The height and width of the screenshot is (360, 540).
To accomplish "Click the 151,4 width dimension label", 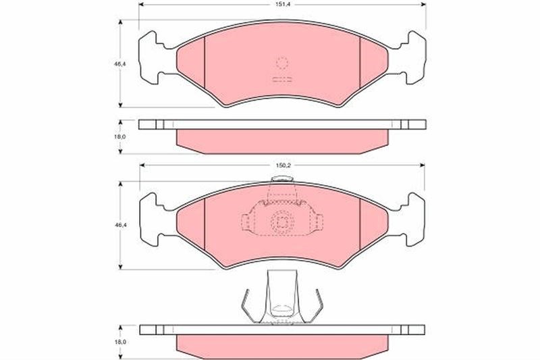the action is [x=281, y=5].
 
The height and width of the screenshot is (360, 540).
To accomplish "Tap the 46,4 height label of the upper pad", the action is [x=120, y=63].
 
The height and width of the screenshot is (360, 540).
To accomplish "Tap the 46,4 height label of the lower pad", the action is [x=120, y=225].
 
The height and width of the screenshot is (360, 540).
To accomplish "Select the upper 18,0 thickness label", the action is [x=120, y=136].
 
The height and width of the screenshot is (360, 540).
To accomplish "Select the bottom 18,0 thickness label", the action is [x=120, y=342].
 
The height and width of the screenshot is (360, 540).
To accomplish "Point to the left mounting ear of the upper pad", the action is [x=151, y=57].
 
